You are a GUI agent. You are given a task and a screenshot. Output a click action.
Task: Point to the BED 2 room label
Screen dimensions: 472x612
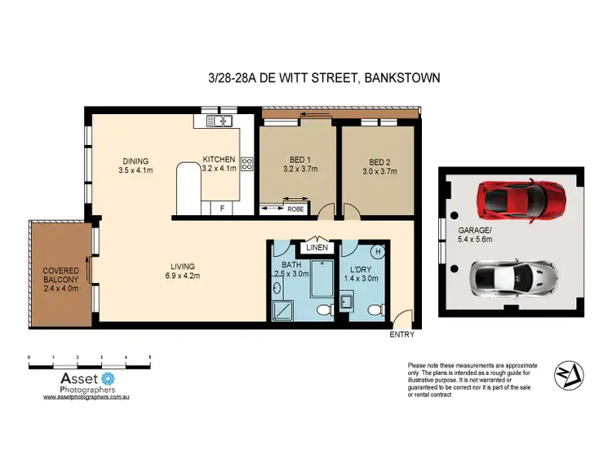[x=379, y=160]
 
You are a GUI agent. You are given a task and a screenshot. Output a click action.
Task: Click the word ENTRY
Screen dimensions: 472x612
[x=401, y=334]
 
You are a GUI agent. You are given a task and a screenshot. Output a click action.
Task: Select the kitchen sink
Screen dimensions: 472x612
[x=220, y=121]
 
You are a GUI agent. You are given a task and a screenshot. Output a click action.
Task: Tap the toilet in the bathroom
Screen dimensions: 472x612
[x=324, y=308]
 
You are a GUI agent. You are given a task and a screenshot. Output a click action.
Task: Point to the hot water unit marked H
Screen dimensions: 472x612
[x=378, y=251]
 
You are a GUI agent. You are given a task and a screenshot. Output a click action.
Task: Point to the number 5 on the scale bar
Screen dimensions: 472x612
[x=149, y=358]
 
